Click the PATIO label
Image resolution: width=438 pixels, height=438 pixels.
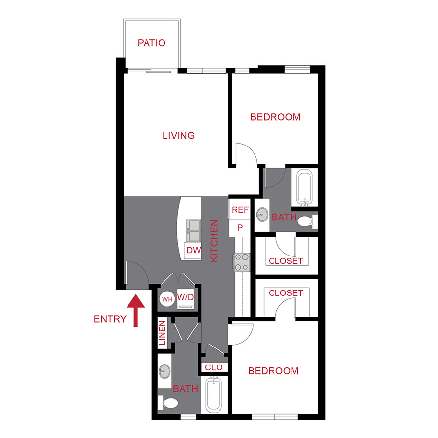coord(151,43)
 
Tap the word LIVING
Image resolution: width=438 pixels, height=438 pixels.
coord(179,135)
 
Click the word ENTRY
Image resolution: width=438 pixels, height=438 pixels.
coord(110,319)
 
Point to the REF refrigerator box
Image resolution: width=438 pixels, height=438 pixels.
coord(240,210)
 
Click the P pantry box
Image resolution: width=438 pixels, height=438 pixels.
coord(240,227)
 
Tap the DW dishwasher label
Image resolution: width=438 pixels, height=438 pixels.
coord(193,251)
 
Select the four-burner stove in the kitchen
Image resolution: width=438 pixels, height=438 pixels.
coord(241,262)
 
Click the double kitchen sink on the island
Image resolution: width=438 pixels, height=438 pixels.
coord(193,230)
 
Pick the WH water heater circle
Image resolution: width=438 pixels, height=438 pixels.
coord(167,299)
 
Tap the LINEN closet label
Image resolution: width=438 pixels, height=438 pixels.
coord(162,333)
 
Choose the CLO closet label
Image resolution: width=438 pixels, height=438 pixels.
coord(214,367)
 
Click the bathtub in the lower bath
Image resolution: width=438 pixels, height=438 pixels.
coord(214,395)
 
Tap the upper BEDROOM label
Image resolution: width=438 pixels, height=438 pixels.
coord(275,117)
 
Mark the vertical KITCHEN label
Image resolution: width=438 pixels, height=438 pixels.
coord(214,241)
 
